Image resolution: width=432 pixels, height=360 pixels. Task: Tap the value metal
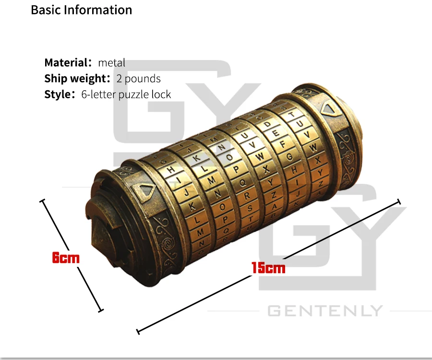pyautogui.click(x=111, y=62)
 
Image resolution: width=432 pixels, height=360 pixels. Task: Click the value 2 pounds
pyautogui.click(x=138, y=78)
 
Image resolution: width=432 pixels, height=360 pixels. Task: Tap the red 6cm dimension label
pyautogui.click(x=66, y=258)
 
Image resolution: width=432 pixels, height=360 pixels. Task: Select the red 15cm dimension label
pyautogui.click(x=268, y=268)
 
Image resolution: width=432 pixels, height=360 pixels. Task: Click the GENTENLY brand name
pyautogui.click(x=325, y=311)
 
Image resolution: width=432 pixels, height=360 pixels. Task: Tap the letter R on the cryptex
pyautogui.click(x=247, y=195)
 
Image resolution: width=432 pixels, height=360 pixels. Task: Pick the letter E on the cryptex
pyautogui.click(x=276, y=133)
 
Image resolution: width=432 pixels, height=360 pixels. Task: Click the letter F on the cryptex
pyautogui.click(x=282, y=144)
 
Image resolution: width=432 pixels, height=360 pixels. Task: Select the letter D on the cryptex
pyautogui.click(x=267, y=124)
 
